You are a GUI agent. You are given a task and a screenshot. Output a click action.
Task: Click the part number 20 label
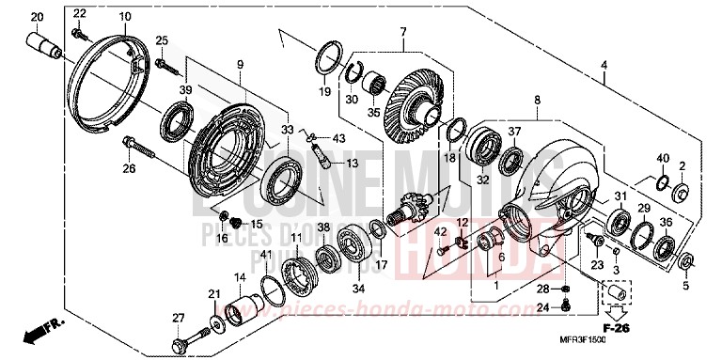point(37,18)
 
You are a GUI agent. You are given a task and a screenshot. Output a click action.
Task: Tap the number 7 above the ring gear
point(402,32)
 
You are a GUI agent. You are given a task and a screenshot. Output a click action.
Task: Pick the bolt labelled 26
point(137,149)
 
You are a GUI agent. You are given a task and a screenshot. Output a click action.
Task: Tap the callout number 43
point(338,139)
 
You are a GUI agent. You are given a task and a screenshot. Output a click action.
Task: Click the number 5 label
point(685,286)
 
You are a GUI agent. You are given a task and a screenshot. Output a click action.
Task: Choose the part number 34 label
point(331,289)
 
